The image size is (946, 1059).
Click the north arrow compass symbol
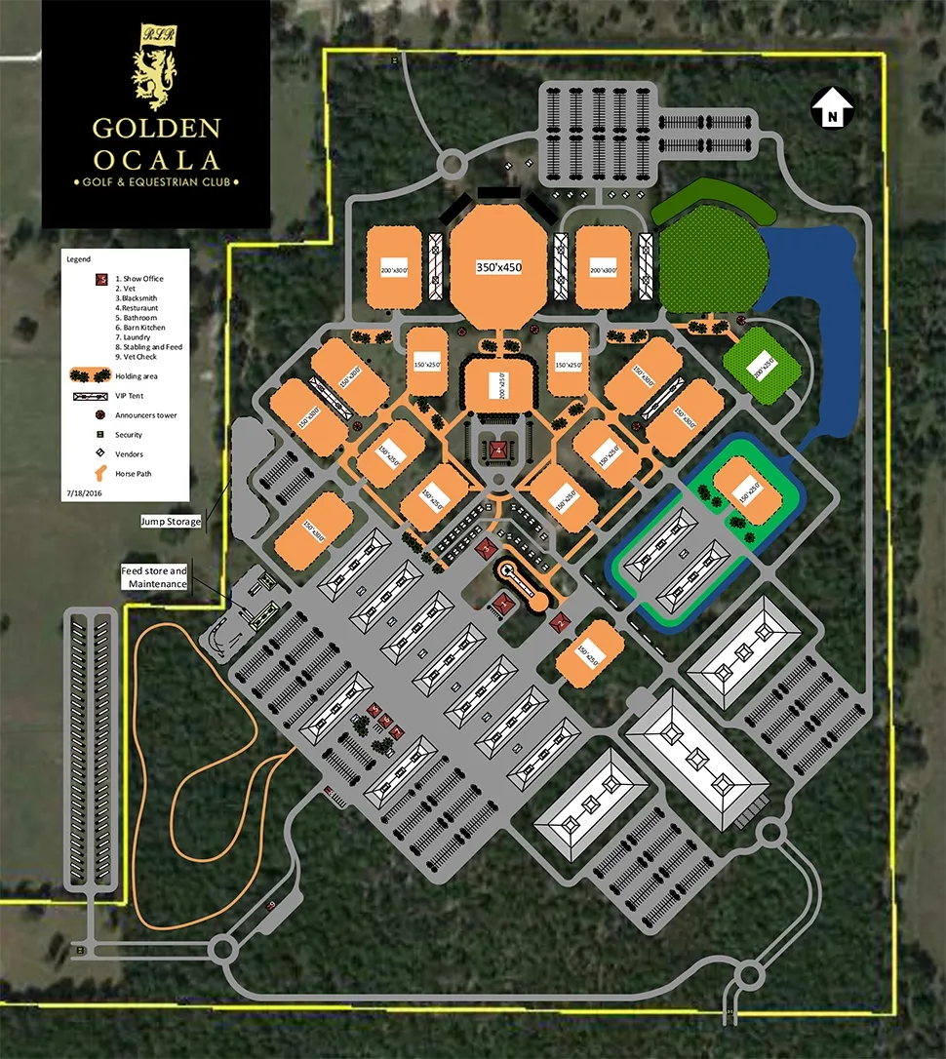tap(832, 107)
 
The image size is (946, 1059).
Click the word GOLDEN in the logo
tap(156, 129)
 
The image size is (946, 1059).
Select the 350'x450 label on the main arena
tap(498, 267)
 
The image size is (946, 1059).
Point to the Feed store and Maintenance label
tap(153, 576)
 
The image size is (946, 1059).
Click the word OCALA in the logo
tap(156, 159)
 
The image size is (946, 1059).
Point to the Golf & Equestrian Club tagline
tap(156, 182)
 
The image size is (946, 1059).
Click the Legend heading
tap(79, 260)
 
